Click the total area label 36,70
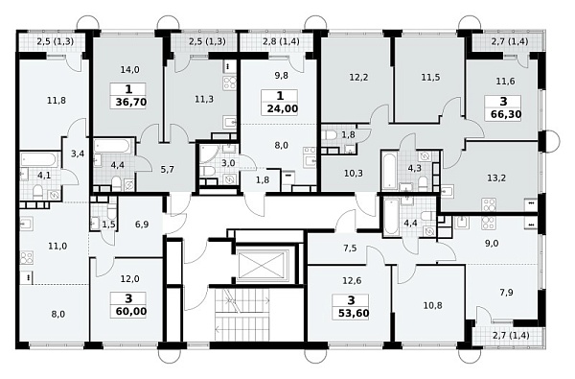(131, 102)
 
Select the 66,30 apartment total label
(506, 114)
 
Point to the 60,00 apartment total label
(131, 312)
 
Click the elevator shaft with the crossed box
(264, 266)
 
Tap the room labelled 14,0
(129, 69)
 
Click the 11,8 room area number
(57, 100)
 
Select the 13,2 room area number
(496, 178)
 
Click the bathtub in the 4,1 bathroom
(39, 160)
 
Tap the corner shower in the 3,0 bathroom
(209, 154)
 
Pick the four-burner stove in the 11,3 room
(230, 84)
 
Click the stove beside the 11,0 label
(27, 257)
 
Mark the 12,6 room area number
(352, 280)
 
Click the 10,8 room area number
(433, 305)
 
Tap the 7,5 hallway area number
(350, 249)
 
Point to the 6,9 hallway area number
(142, 224)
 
